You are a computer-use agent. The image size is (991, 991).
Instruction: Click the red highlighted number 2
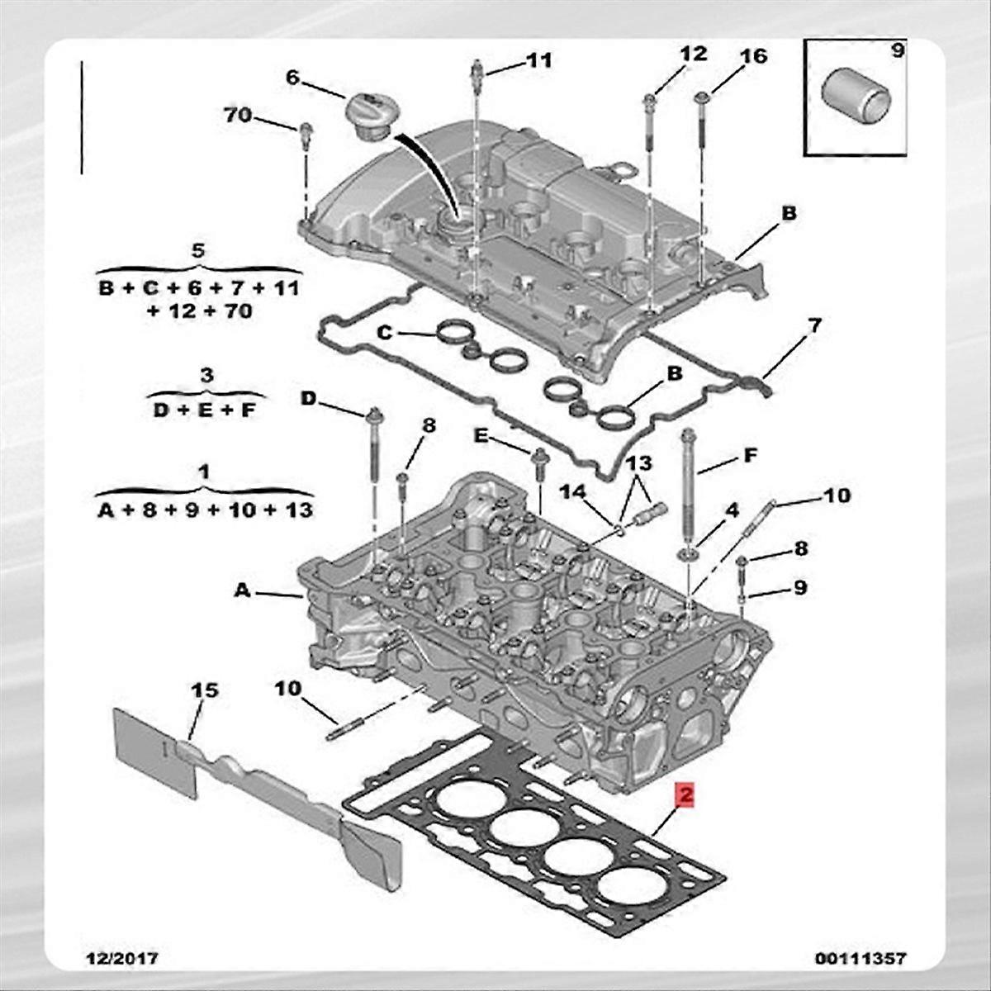(685, 794)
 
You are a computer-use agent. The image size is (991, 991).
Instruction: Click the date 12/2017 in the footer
(123, 959)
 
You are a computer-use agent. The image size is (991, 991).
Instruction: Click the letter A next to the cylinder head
(241, 590)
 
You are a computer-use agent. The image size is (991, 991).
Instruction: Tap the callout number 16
(752, 56)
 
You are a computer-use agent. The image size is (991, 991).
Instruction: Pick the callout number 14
(573, 492)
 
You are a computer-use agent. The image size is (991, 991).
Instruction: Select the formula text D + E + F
(204, 410)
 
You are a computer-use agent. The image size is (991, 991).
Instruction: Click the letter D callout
(307, 400)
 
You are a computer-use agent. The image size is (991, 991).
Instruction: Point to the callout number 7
(814, 326)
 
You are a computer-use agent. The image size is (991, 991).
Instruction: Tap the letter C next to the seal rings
(383, 333)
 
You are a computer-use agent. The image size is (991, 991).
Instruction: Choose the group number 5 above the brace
(197, 250)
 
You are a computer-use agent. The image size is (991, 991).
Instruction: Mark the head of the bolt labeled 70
(306, 129)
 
